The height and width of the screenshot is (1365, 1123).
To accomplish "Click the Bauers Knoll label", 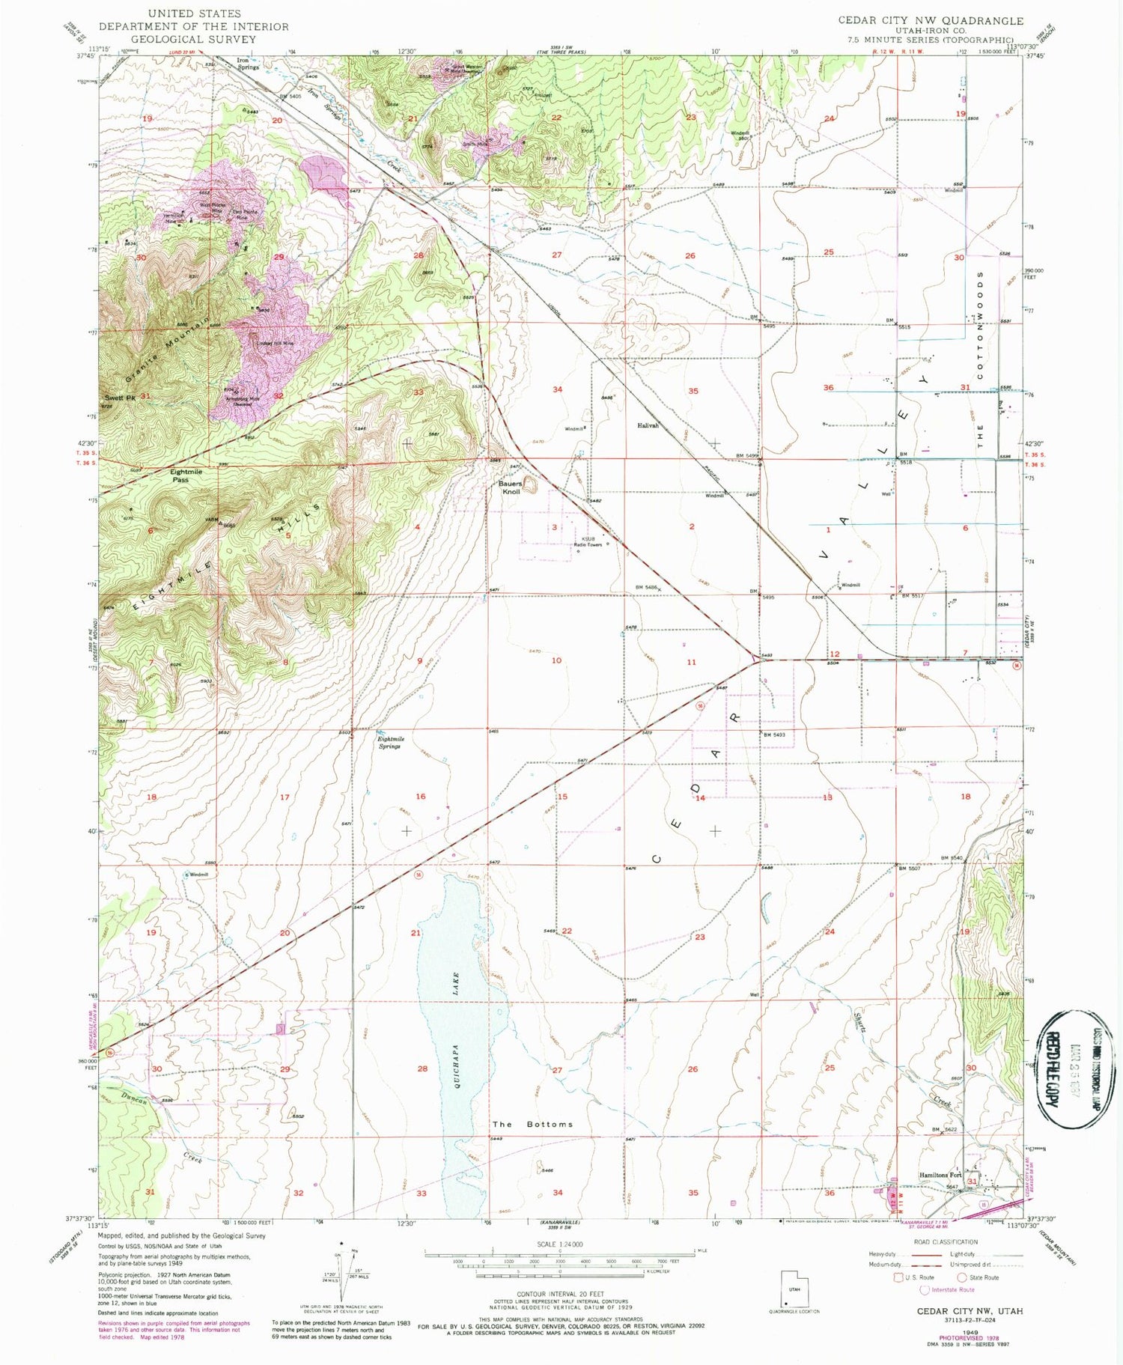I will click(x=511, y=488).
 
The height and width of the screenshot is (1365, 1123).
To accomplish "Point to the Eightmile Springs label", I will click(x=389, y=743).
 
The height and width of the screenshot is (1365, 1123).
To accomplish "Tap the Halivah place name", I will click(x=648, y=425).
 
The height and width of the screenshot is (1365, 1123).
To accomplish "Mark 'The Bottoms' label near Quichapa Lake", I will click(x=532, y=1125).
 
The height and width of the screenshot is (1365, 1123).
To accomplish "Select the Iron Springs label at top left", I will click(x=248, y=64).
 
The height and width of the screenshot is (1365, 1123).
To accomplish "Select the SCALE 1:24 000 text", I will click(x=559, y=1244).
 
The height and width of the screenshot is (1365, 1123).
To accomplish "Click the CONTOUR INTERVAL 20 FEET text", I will click(x=559, y=1294).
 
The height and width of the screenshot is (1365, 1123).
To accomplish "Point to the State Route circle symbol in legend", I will click(x=962, y=1277).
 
